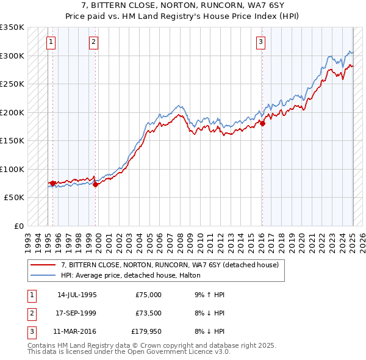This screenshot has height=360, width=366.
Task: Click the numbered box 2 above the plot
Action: point(93,42)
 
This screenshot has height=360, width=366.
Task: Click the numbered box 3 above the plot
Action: point(260,42)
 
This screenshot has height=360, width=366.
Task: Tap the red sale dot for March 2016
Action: point(263,124)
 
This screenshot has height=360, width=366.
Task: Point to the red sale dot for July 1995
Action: point(52,183)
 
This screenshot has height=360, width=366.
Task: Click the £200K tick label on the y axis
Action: point(12,112)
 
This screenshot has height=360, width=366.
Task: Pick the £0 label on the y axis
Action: point(19,226)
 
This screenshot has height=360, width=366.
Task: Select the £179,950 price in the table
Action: point(146,333)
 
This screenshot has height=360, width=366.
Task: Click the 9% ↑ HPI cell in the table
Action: point(209,295)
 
